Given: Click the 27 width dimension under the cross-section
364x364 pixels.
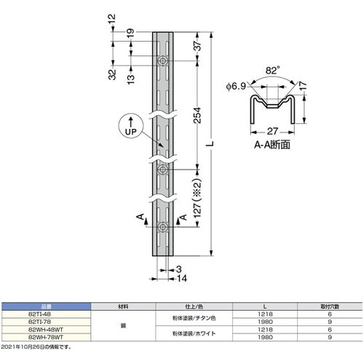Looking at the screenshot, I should [272, 132].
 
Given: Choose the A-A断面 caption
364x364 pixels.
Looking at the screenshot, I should [272, 144].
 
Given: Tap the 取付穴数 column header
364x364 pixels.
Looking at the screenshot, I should [332, 308].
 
